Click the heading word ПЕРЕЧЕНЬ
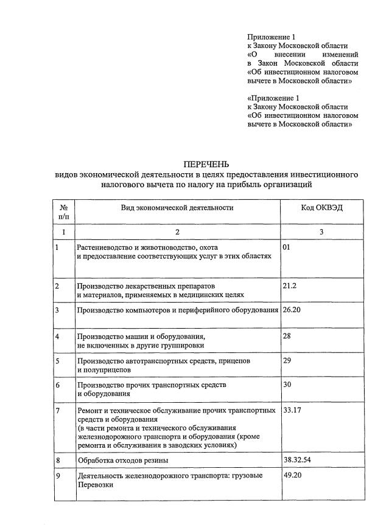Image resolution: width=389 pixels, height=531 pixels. [x=206, y=164]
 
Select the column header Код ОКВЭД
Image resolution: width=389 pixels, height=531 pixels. [x=321, y=207]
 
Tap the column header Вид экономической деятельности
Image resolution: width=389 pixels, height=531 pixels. [x=177, y=207]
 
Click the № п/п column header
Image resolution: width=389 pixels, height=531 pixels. [x=64, y=211]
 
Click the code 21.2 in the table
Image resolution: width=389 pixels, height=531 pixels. [x=290, y=284]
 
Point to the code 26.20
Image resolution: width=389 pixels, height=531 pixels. [x=293, y=310]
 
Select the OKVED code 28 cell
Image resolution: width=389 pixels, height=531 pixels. [x=288, y=335]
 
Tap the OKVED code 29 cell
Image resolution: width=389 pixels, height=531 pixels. [x=288, y=360]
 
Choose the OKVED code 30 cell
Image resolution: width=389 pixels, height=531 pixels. [x=288, y=385]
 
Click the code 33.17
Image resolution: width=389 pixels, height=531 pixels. [x=293, y=411]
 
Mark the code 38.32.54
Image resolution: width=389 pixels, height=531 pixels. [x=297, y=460]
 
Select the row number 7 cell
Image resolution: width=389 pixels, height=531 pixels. [x=57, y=411]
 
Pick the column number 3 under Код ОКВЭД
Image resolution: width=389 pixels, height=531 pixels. [x=321, y=231]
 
